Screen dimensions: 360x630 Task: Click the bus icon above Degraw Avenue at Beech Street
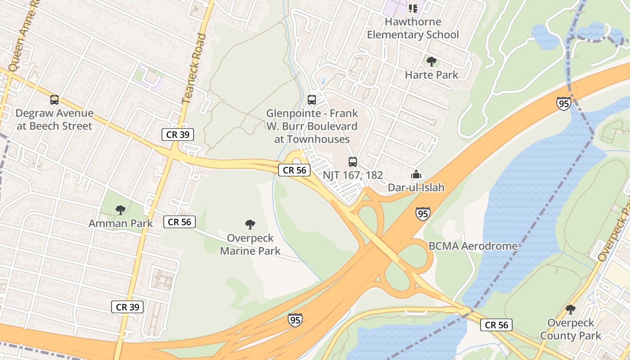(54, 100)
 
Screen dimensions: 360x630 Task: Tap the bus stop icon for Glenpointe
(312, 100)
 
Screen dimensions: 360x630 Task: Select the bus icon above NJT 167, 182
(353, 162)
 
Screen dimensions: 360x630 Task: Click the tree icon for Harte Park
(431, 62)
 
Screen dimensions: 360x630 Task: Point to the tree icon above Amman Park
(120, 210)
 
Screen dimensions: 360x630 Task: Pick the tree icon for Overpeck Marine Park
(250, 225)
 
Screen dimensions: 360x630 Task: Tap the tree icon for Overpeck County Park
(570, 310)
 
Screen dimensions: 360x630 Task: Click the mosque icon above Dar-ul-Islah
(416, 174)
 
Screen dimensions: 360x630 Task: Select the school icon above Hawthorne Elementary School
(413, 8)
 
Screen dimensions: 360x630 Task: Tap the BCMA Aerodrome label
(473, 246)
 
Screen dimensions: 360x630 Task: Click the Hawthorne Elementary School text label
(413, 28)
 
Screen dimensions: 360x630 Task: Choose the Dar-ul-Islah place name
(416, 187)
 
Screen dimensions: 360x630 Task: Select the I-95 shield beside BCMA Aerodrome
(423, 214)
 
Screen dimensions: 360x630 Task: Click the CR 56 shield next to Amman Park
(179, 222)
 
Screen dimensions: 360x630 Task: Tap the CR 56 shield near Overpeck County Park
(496, 325)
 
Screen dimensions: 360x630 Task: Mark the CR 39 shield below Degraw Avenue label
(178, 134)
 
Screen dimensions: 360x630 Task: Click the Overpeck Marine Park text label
(250, 244)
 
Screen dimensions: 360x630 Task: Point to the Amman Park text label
(121, 223)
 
